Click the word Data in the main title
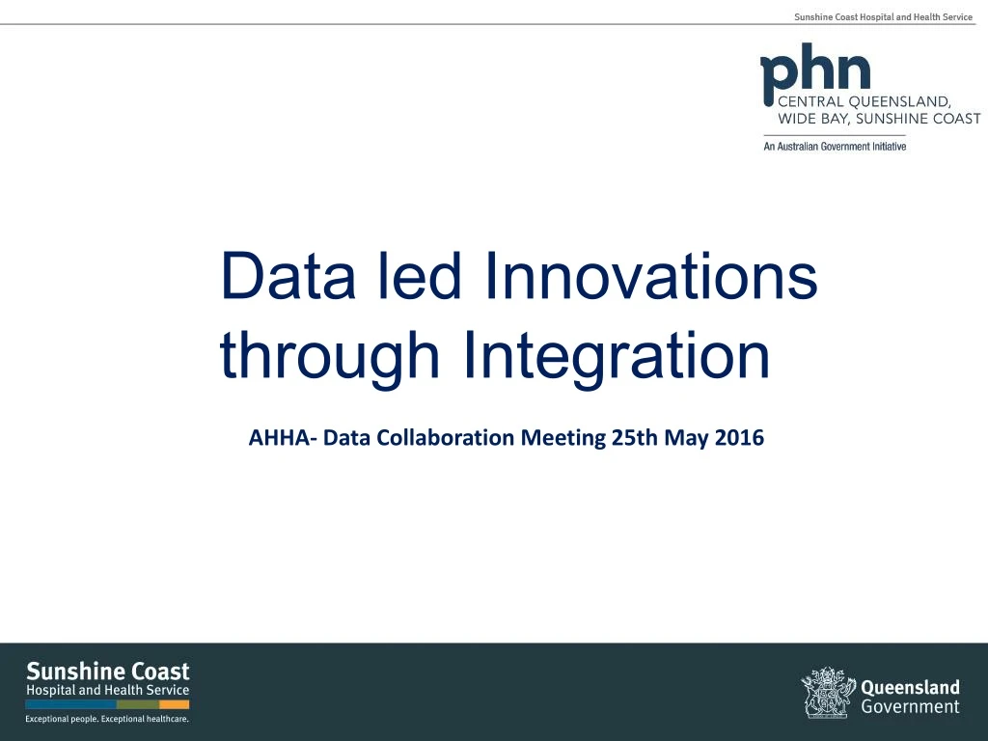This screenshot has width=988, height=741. [x=279, y=276]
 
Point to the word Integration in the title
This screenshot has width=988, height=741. [x=616, y=357]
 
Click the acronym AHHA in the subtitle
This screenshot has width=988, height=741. [x=279, y=438]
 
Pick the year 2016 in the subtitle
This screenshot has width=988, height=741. [x=740, y=438]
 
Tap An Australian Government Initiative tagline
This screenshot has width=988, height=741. [x=835, y=147]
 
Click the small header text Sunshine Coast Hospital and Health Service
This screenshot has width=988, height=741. [x=883, y=17]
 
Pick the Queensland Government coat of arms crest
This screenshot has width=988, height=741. [x=827, y=693]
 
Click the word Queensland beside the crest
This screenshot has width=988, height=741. [x=910, y=688]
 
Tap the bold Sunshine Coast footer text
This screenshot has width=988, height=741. [x=107, y=671]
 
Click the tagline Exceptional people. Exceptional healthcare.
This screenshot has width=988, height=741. [x=106, y=719]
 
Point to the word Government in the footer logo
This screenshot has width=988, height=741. [x=910, y=707]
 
